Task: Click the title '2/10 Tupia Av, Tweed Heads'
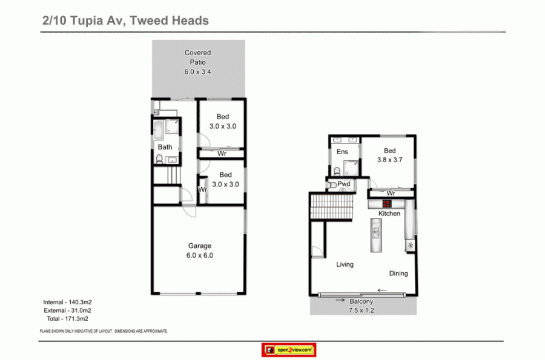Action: [x=125, y=21]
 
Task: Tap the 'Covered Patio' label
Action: [x=198, y=57]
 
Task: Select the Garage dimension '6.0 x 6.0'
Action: [x=200, y=255]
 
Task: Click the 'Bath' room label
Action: [x=165, y=147]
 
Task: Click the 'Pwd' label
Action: [x=345, y=183]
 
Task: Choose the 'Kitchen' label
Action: [x=389, y=214]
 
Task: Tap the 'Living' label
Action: [x=345, y=264]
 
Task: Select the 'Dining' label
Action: [x=398, y=273]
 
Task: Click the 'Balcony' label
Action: [x=362, y=301]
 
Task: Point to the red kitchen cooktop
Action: [x=386, y=203]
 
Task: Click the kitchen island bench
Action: [x=376, y=237]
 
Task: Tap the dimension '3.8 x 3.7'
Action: [x=389, y=160]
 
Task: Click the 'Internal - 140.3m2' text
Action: [x=67, y=302]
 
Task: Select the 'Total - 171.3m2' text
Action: [x=67, y=318]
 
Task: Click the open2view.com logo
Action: [x=288, y=350]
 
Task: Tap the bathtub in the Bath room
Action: [x=159, y=128]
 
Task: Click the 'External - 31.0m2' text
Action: [x=67, y=310]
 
